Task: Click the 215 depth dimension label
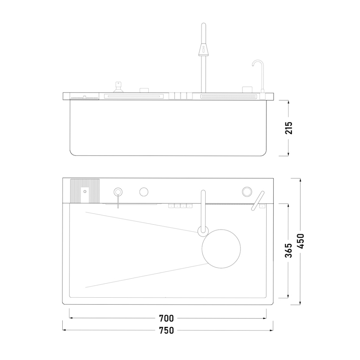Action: [289, 128]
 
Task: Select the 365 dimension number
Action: [289, 251]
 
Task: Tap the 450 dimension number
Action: [301, 241]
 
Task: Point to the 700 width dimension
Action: [166, 318]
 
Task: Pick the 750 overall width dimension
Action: [166, 330]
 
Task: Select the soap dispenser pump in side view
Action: [118, 87]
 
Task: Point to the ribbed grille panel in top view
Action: [85, 191]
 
